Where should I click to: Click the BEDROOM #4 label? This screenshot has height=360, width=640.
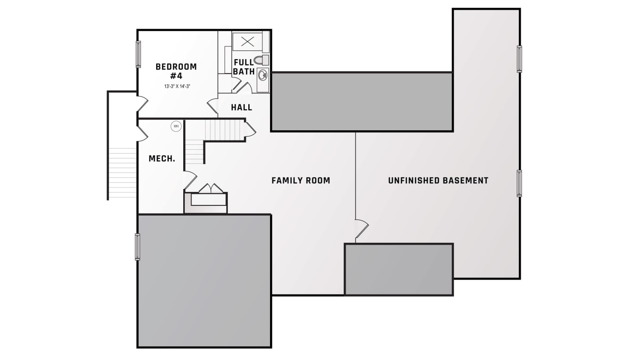point(176,71)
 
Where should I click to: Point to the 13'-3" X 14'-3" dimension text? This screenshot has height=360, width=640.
point(177,86)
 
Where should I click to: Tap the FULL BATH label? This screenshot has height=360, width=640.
point(244,67)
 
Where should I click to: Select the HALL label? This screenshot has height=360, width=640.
point(241,108)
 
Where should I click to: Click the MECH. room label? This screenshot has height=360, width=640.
point(162,158)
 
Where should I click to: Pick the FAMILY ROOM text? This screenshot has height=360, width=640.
point(301,180)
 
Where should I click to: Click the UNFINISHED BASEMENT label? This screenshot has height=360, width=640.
point(438,180)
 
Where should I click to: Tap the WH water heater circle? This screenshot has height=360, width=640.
point(176,126)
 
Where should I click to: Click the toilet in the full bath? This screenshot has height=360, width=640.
point(261,60)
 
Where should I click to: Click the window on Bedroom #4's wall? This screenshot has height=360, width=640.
point(138,54)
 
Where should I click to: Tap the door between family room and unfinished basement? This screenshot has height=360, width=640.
point(361,229)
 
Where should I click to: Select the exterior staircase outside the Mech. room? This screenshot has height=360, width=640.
point(123,172)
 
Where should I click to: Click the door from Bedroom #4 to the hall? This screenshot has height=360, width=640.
point(212,106)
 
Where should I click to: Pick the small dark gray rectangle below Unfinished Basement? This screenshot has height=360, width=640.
point(399,269)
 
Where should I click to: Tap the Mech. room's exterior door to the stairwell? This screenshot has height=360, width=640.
point(143,134)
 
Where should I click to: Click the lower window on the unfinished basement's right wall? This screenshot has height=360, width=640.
point(519,183)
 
